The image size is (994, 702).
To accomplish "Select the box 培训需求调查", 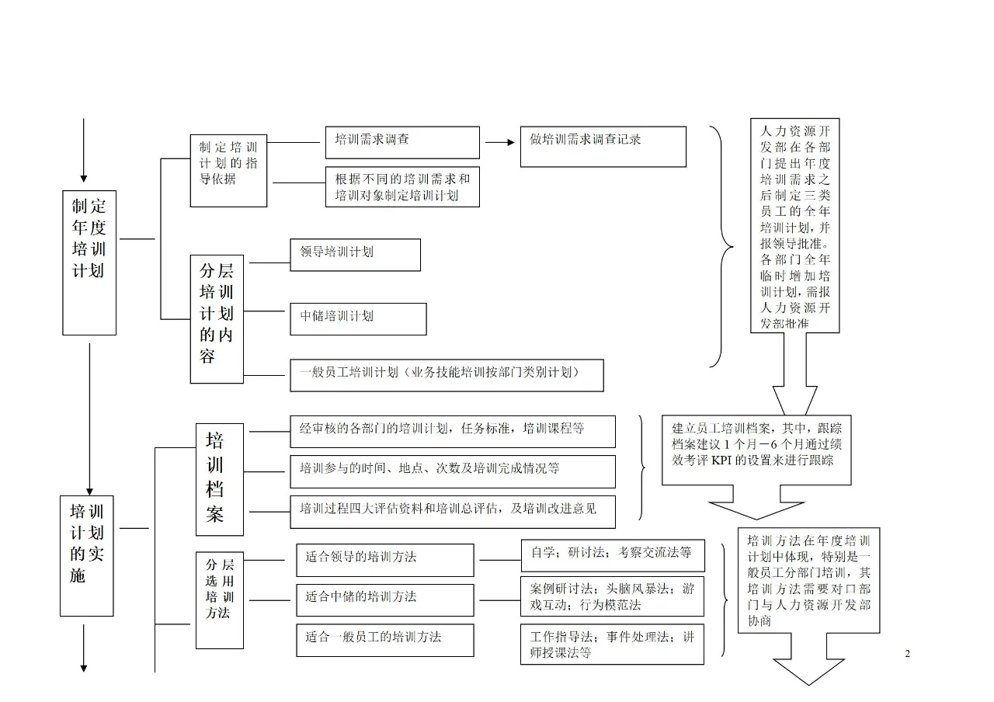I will [x=402, y=142].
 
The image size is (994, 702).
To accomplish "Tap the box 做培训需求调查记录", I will [x=603, y=146].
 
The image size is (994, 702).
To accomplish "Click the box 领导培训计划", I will [x=355, y=255].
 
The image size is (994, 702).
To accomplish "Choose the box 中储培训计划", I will [x=358, y=318].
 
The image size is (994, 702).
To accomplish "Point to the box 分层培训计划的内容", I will [x=217, y=318].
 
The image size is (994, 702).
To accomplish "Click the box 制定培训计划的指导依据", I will [x=228, y=170].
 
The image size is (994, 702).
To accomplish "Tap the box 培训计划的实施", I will [x=87, y=555].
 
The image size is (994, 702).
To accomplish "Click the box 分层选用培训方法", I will [x=220, y=599].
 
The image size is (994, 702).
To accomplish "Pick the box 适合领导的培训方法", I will [x=384, y=560].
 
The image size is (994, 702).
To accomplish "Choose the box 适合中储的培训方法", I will [x=384, y=599].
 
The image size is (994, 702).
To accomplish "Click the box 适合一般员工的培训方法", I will [x=384, y=639].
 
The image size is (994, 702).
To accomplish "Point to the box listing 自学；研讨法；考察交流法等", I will [x=611, y=554].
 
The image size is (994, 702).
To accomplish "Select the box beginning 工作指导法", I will [x=611, y=645].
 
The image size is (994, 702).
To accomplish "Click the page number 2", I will [x=907, y=654].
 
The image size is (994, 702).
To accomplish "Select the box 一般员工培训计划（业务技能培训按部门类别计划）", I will [x=447, y=374].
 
